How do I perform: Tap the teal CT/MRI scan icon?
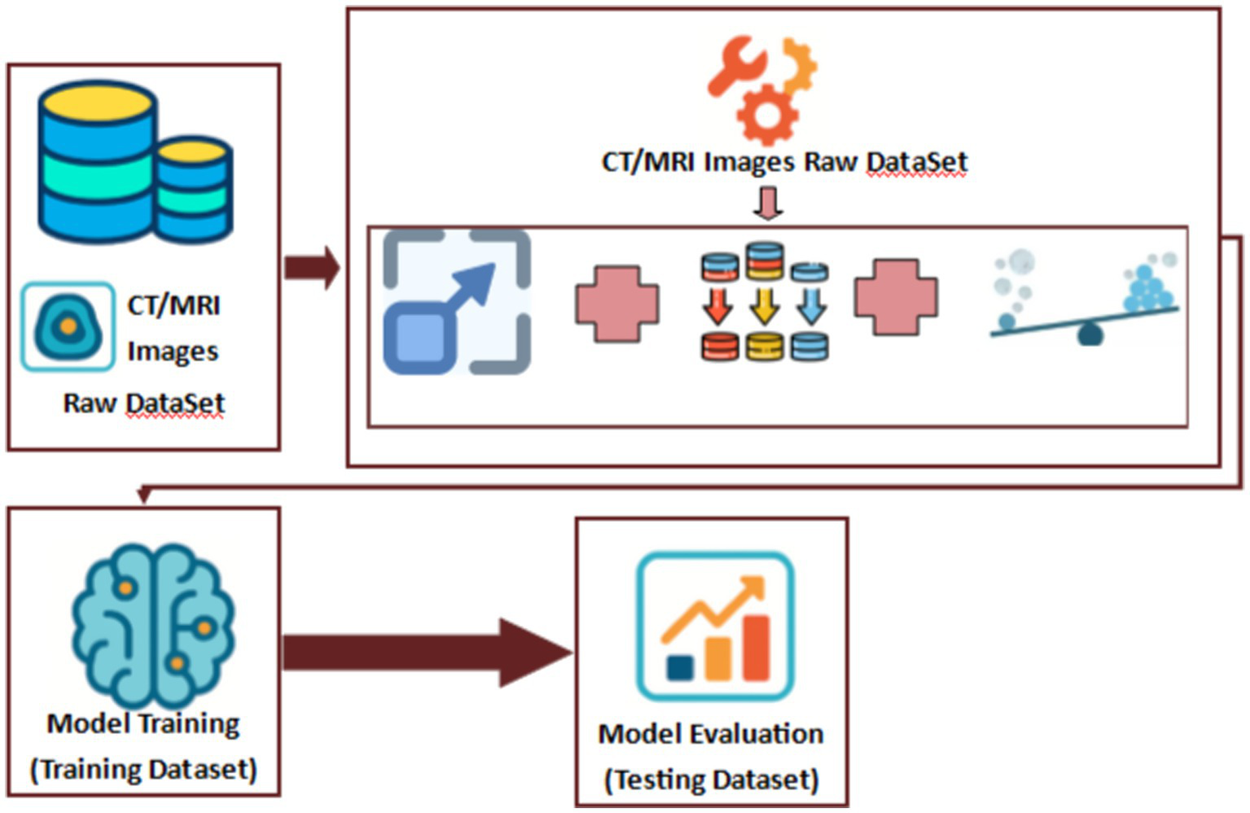click(68, 327)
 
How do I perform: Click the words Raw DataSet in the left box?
click(143, 403)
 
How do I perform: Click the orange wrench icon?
click(737, 64)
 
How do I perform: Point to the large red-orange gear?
click(766, 115)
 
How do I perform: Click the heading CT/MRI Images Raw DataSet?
click(783, 162)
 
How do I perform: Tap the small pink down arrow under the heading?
click(768, 204)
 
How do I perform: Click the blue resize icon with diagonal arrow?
click(457, 302)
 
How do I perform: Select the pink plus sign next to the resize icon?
click(617, 303)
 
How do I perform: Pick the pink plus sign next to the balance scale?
click(896, 297)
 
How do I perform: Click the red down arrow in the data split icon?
click(718, 306)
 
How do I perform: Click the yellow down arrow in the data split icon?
click(764, 306)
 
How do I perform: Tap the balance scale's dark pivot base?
click(1090, 335)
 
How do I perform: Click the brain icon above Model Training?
click(152, 623)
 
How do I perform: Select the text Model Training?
click(143, 723)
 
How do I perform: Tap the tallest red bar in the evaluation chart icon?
click(756, 648)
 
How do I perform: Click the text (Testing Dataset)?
click(711, 780)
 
